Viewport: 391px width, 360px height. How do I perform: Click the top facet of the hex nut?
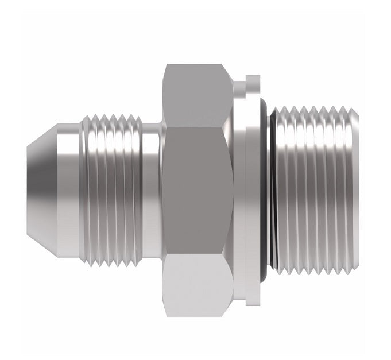click(x=198, y=95)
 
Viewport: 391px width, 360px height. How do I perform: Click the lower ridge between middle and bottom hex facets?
click(x=198, y=253)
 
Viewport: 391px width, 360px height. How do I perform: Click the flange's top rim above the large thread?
click(x=253, y=80)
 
